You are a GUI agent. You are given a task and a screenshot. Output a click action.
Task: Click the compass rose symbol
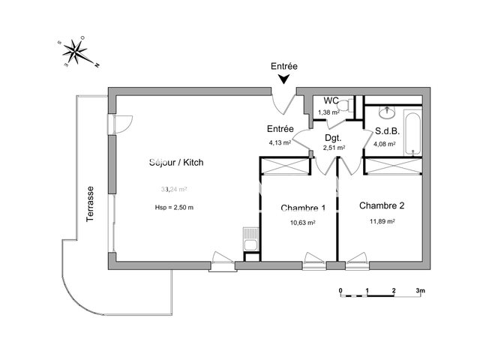point(75,52)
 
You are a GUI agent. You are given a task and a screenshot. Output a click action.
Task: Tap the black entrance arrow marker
point(284,79)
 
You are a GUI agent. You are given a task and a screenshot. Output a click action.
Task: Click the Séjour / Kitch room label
point(175,162)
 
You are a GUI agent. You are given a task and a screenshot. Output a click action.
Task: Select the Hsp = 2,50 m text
point(175,207)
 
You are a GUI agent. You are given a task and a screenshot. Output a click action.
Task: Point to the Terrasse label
point(91,202)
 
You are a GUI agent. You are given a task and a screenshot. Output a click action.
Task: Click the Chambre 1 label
point(303,208)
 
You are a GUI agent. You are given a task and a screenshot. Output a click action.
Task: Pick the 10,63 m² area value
point(303,223)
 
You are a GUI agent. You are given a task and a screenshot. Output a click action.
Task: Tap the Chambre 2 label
point(382,205)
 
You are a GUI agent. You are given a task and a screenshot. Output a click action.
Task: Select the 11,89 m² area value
point(382,221)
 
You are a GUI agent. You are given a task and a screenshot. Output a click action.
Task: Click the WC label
point(331,100)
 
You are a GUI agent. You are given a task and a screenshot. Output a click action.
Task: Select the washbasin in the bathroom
point(387,112)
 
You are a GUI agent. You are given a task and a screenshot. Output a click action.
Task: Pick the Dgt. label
point(333,137)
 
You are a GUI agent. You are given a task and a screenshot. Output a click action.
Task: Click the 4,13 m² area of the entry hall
point(279,141)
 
